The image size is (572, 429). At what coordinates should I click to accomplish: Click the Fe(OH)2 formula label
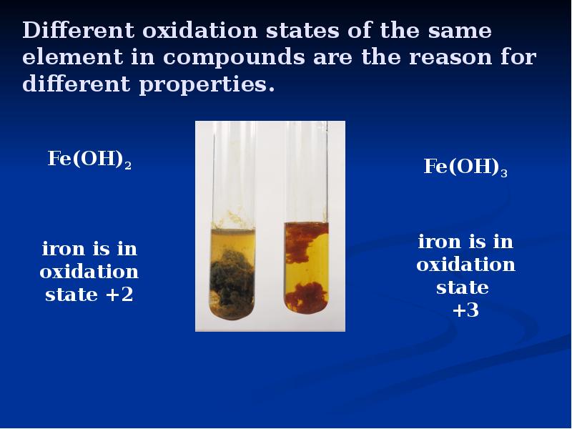(x=89, y=159)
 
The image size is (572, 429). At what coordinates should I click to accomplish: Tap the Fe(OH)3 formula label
(x=465, y=167)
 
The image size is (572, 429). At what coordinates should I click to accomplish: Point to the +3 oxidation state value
(x=465, y=311)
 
